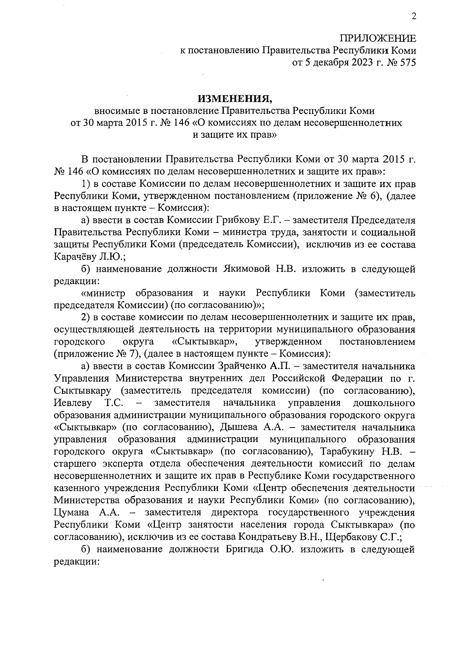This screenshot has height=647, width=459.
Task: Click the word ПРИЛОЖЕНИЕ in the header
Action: [x=378, y=38]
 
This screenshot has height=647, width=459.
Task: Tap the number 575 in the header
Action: [x=406, y=63]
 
